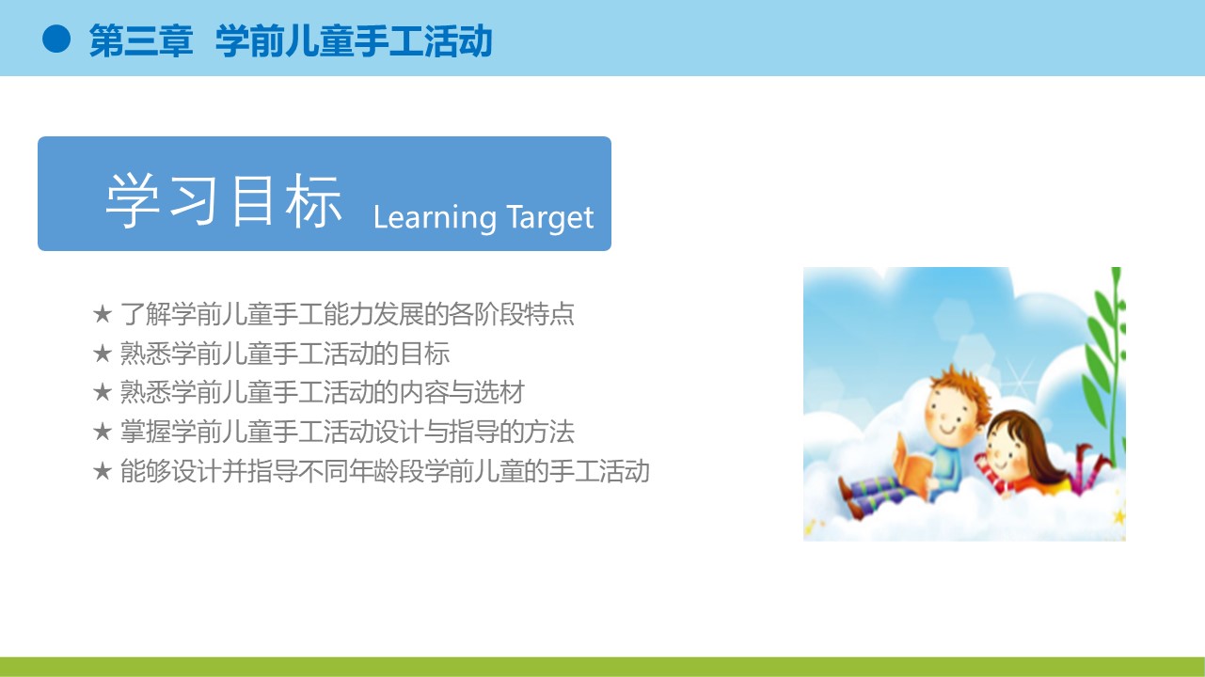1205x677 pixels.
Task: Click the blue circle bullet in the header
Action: [x=56, y=39]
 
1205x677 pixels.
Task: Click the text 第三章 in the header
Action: [x=141, y=40]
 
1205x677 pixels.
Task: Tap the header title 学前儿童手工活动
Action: [x=354, y=40]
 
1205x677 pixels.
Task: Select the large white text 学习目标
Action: [x=224, y=200]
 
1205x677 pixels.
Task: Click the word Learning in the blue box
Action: [x=435, y=218]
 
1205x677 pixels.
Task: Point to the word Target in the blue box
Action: [x=549, y=218]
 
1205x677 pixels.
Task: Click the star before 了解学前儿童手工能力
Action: [x=103, y=313]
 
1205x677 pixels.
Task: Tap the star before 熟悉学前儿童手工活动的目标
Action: [x=103, y=354]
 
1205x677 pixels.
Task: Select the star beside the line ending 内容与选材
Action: [x=103, y=392]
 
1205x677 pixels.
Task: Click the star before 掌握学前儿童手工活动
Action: [x=103, y=432]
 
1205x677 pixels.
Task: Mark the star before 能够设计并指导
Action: [x=103, y=471]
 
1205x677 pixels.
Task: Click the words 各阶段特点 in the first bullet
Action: [x=511, y=313]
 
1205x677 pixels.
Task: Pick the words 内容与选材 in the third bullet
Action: [x=462, y=392]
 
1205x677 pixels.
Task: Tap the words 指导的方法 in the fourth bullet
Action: [x=511, y=432]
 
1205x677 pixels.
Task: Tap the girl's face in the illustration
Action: [x=1002, y=450]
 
